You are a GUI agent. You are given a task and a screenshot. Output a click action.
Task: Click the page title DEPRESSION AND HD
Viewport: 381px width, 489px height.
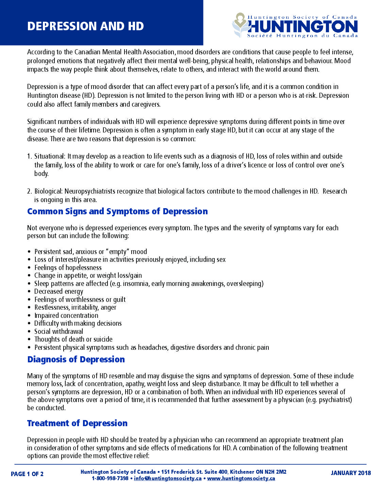[85, 26]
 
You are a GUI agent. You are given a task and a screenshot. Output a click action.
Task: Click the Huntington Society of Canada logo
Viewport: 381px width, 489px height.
[295, 26]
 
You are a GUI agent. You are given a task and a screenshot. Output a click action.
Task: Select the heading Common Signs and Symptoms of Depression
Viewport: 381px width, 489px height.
[117, 212]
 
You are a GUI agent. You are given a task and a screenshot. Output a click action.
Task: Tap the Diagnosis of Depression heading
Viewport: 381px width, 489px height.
[76, 360]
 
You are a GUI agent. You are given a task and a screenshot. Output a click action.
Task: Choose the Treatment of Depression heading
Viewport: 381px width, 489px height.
[77, 423]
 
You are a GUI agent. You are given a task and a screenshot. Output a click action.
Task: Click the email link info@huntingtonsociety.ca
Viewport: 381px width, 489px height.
[168, 478]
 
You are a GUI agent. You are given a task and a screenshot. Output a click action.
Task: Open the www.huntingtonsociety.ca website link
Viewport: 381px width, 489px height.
[241, 478]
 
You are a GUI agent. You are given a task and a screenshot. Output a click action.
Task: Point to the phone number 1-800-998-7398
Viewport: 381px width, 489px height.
[110, 478]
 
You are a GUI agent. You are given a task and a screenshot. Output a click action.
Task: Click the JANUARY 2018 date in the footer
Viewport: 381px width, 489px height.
[351, 473]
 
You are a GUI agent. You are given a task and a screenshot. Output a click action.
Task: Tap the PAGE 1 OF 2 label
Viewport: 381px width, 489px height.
[27, 474]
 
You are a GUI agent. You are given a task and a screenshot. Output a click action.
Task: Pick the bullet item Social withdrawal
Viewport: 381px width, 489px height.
[59, 331]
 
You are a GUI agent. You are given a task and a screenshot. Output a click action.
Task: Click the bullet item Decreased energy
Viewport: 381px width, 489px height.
[59, 292]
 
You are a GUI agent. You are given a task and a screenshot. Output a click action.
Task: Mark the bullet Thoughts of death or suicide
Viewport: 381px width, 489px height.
[73, 339]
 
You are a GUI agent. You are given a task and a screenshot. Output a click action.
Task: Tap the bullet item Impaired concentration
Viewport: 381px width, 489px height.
[66, 315]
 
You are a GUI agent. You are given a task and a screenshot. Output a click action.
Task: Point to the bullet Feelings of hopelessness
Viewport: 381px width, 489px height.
[68, 268]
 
